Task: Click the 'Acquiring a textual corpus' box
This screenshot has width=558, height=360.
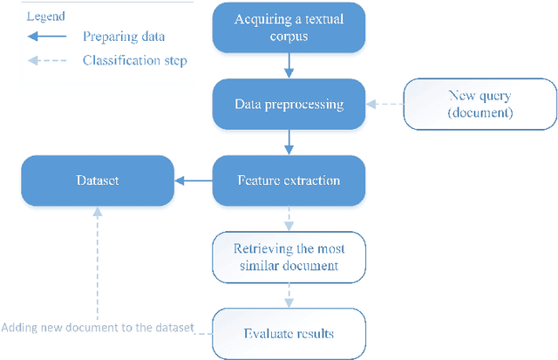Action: click(x=287, y=28)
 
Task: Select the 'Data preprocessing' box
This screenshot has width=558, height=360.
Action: click(x=287, y=105)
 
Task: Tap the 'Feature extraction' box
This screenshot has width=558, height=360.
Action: click(x=287, y=180)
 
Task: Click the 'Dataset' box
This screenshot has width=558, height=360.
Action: click(x=97, y=180)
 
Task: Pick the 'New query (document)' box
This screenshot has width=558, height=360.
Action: click(x=479, y=105)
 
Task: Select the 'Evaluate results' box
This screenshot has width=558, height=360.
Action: click(x=287, y=333)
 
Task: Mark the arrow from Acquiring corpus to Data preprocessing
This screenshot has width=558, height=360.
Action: click(x=287, y=66)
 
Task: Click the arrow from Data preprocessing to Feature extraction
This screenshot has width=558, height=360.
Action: click(x=287, y=142)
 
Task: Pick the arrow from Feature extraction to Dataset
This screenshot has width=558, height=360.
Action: click(x=194, y=180)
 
